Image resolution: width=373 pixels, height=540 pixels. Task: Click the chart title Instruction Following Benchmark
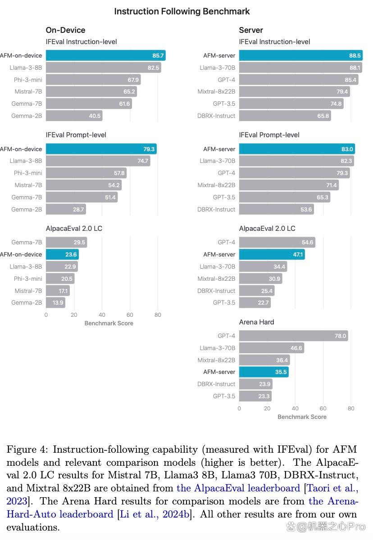point(182,11)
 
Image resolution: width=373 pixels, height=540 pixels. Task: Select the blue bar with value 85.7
point(106,55)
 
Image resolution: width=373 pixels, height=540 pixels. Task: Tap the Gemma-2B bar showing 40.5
point(74,116)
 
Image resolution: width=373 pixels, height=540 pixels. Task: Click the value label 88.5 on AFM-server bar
point(355,55)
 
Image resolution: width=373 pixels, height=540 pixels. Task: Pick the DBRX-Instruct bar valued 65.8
point(285,116)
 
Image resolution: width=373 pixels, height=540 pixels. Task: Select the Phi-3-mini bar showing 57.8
point(86,173)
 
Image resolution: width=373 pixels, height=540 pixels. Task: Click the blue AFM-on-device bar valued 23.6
point(62,254)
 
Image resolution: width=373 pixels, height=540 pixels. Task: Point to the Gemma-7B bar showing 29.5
point(66,242)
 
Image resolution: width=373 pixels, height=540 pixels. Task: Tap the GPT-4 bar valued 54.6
point(277,242)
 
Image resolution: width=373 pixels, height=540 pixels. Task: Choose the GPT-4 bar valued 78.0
point(293,336)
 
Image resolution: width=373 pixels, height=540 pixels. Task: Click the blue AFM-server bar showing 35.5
point(264,372)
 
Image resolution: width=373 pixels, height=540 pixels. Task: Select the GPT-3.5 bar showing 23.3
point(255,396)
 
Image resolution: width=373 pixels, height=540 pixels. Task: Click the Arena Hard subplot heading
point(256,322)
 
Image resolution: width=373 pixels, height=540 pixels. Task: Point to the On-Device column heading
point(65,30)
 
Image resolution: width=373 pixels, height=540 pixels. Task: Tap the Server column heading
point(251,30)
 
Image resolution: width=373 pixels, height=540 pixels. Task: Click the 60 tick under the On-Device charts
point(130,315)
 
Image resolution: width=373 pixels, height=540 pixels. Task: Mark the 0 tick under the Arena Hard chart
point(239,409)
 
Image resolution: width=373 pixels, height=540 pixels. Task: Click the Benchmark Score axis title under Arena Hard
point(302,417)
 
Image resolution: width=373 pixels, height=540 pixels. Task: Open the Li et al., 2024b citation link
point(155,514)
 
